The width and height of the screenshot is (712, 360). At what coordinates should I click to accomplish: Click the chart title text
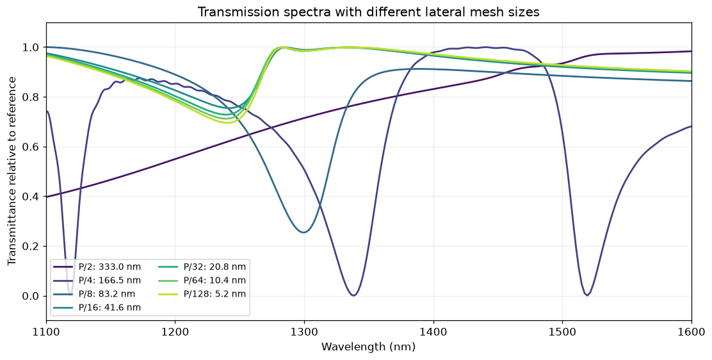(x=368, y=12)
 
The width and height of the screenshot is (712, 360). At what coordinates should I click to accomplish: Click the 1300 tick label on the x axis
(x=304, y=333)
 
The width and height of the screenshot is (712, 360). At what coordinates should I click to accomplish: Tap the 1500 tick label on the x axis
(x=563, y=333)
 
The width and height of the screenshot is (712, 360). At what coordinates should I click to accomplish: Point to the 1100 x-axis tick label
(x=46, y=333)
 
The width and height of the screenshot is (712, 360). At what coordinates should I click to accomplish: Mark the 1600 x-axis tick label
(x=692, y=333)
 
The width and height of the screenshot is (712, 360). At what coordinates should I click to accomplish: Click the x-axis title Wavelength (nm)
(x=368, y=347)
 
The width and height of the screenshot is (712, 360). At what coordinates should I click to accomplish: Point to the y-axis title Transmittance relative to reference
(x=12, y=172)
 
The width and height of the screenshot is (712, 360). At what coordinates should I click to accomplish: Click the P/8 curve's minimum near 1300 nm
(x=303, y=233)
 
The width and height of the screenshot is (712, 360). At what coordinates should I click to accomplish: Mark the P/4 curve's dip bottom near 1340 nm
(x=353, y=295)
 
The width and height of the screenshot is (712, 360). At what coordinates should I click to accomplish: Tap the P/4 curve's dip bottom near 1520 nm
(x=587, y=295)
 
